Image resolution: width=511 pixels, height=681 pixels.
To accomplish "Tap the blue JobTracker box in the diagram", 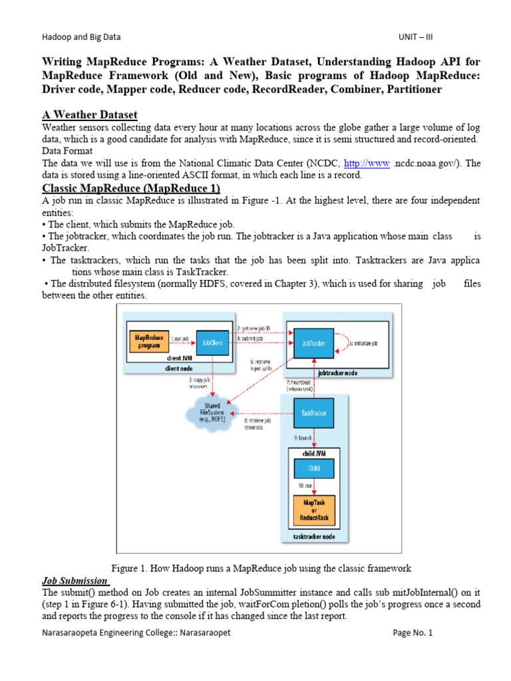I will [313, 342].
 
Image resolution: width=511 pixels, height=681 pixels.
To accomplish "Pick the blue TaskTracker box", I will [313, 413].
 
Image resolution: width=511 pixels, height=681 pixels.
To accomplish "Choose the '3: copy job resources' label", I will [200, 383].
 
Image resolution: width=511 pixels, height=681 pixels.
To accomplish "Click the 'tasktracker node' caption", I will [313, 536].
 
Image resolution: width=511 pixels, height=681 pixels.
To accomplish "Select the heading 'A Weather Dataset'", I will [90, 115].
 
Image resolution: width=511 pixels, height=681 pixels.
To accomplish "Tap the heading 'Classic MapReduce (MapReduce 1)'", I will [131, 188].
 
